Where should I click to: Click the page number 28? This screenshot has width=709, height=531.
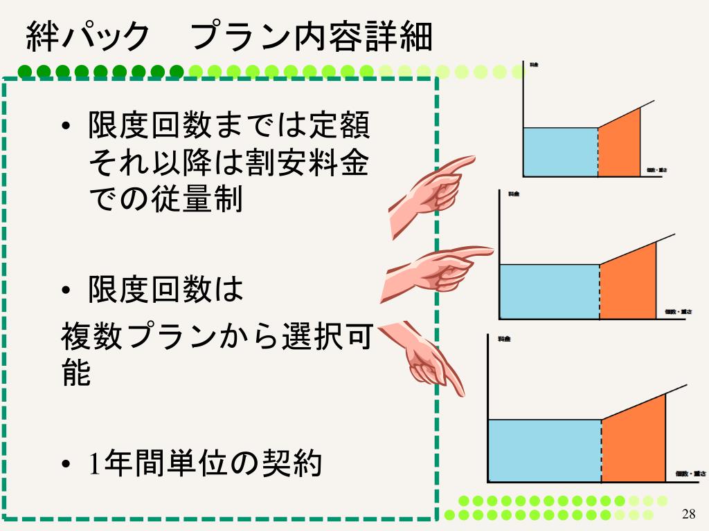tap(688, 513)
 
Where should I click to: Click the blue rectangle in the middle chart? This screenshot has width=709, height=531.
tap(548, 291)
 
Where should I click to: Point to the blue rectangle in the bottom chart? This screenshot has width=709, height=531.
tap(544, 450)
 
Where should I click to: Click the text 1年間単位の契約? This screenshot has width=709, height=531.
tap(206, 463)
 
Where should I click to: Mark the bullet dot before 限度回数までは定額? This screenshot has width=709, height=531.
tap(66, 127)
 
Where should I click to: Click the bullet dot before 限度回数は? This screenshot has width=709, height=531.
tap(66, 291)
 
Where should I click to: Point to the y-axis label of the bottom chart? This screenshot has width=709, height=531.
tap(503, 339)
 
